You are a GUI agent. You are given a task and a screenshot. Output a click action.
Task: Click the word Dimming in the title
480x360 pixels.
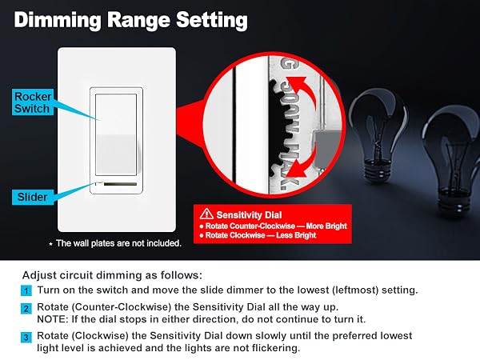pos(58,21)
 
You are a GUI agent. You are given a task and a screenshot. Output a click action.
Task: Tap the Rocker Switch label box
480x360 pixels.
pos(33,102)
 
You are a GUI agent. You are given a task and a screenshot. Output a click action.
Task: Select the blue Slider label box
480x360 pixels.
pos(33,197)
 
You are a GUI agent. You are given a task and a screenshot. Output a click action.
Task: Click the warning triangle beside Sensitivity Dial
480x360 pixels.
pos(206,214)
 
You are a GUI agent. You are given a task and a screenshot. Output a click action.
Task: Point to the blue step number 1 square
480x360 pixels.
pos(26,290)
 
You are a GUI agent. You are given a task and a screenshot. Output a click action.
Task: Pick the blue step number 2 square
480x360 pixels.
pos(26,308)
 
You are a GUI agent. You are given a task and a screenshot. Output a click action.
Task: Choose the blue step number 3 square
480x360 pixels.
pos(26,338)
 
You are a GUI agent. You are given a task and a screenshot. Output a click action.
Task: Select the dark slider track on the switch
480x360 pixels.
pos(120,184)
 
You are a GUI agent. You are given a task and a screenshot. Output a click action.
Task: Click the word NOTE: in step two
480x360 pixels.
pos(53,319)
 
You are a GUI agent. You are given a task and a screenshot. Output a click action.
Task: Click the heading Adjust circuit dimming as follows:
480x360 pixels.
pos(112,275)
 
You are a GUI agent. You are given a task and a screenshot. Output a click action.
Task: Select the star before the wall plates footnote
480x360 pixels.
pos(51,244)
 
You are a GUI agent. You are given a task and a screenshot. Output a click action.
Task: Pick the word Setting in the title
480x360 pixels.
pos(212,21)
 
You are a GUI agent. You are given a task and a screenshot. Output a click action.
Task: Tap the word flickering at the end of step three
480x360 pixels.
pos(274,348)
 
